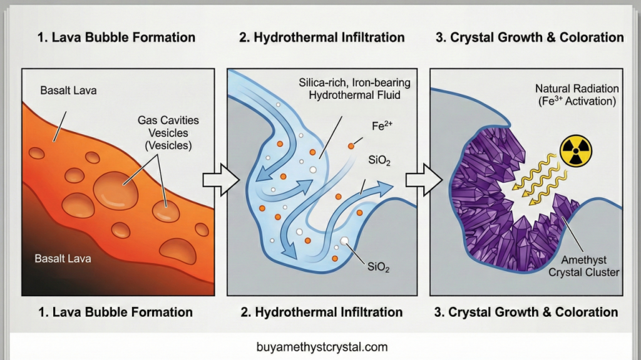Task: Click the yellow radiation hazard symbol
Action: [x=576, y=151]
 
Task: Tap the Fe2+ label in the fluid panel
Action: [x=382, y=126]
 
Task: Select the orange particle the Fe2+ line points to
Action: [x=351, y=146]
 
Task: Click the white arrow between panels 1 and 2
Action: [x=221, y=180]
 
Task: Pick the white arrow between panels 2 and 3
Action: [x=424, y=180]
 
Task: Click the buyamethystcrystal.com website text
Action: [x=322, y=347]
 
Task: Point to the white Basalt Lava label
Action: [x=63, y=259]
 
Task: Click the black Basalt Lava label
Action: [x=68, y=90]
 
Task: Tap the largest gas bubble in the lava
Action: [x=116, y=188]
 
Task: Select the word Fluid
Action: [x=389, y=95]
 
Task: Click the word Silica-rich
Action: [x=324, y=83]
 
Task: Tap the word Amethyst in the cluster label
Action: [x=584, y=260]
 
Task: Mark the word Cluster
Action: [x=602, y=272]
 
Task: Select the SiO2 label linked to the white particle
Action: [x=378, y=267]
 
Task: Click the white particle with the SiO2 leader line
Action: [x=345, y=241]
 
